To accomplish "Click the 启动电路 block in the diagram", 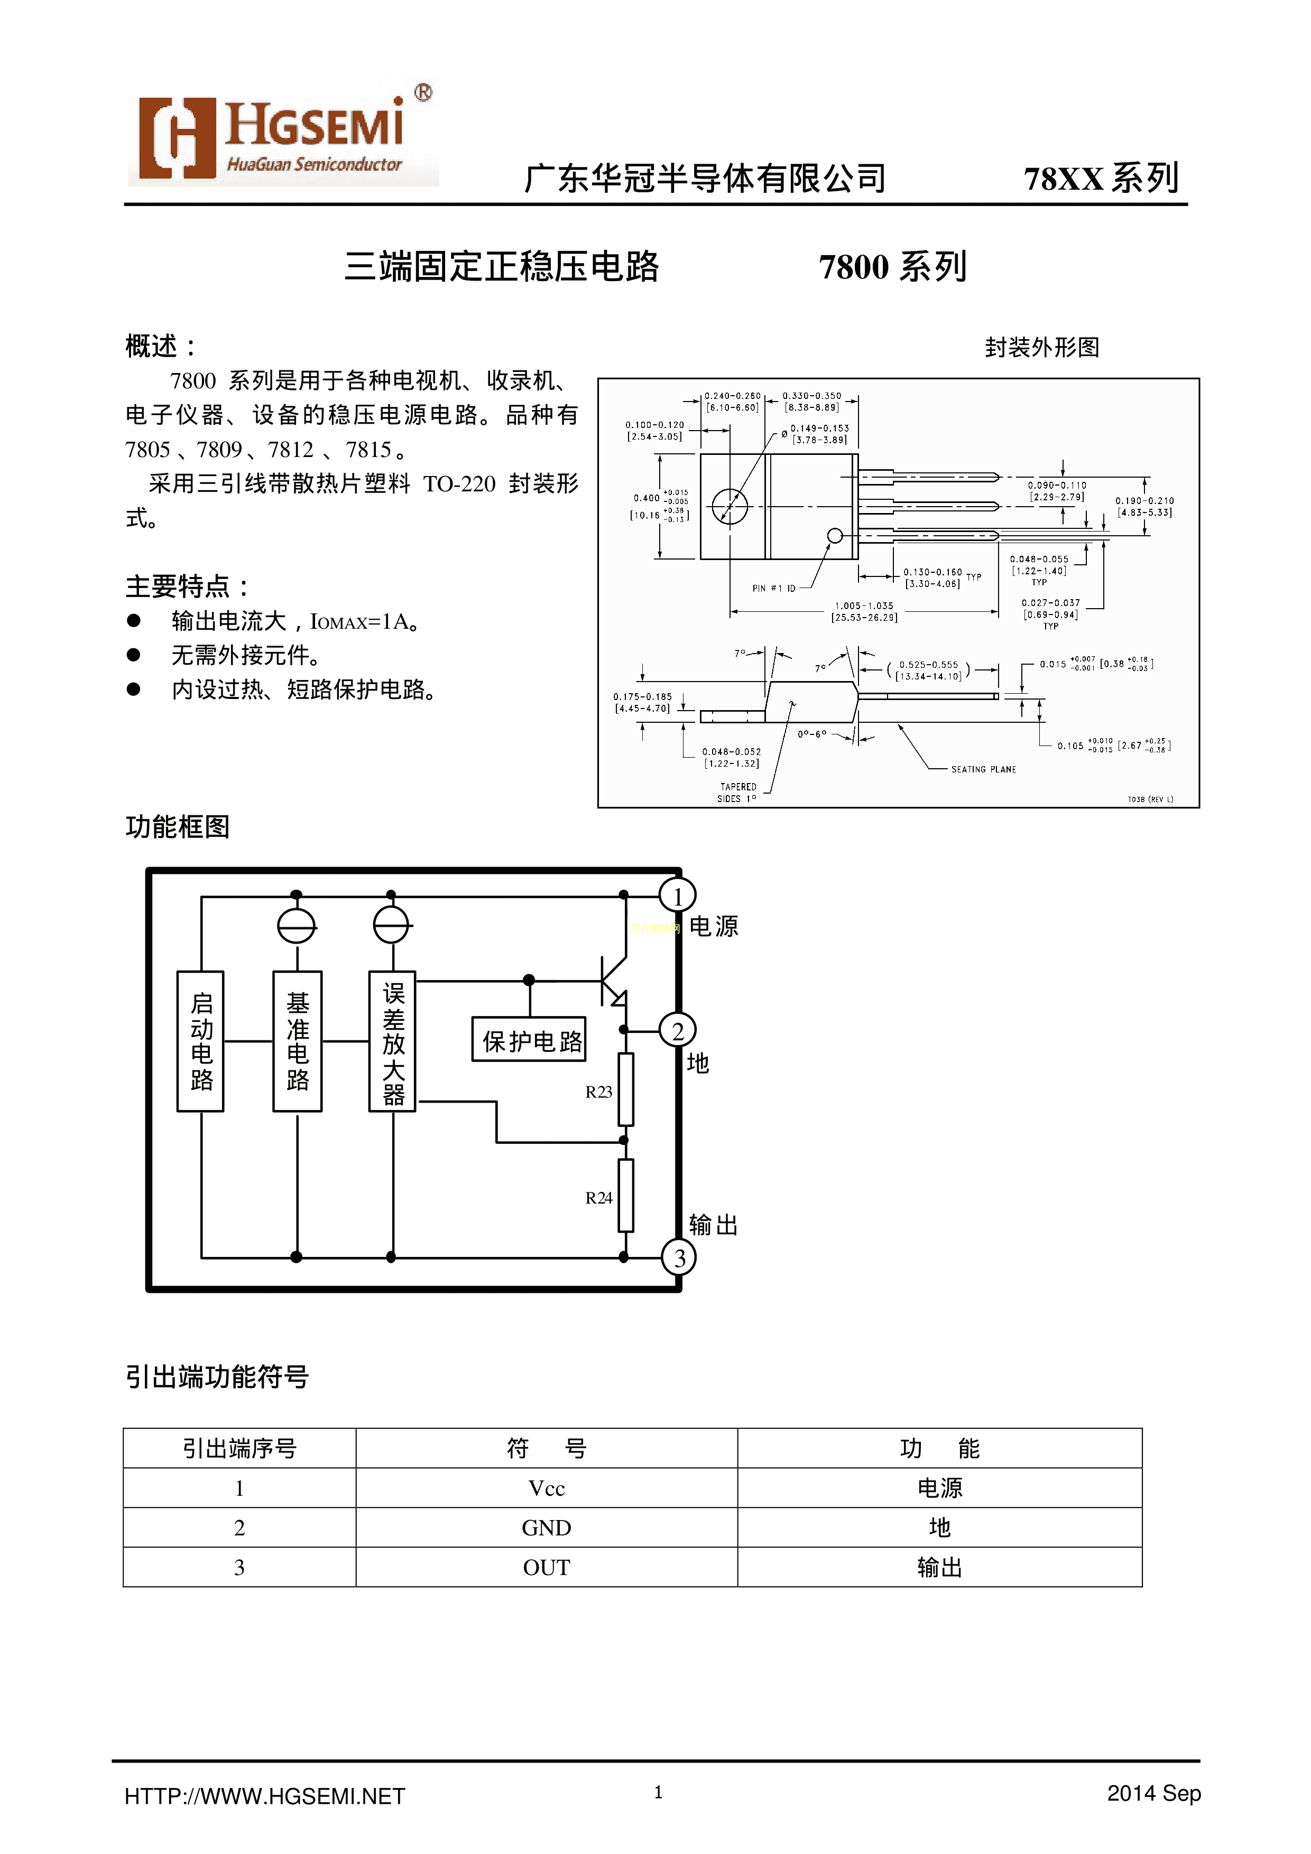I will (200, 1042).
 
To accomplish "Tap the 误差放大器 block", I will (393, 1042).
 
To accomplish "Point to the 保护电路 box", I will (530, 1040).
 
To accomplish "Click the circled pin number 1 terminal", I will (678, 896).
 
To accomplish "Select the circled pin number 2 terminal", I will (678, 1031).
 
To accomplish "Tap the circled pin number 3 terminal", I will (679, 1257).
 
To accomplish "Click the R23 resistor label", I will (598, 1092).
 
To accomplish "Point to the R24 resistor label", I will (598, 1197).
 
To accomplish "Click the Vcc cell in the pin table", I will (546, 1488).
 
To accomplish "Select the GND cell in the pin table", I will (546, 1528).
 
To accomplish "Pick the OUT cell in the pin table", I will (546, 1567).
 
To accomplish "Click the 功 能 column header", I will (939, 1449).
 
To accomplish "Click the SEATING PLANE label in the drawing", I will (983, 769).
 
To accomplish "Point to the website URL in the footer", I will (264, 1796).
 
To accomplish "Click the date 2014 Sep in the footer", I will (1153, 1793).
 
